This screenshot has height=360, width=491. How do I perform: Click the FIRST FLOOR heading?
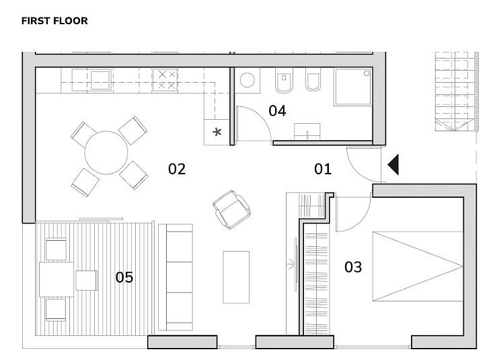pos(54,21)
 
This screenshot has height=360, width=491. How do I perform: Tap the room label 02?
pos(177,169)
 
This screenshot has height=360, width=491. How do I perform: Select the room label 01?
pos(323,169)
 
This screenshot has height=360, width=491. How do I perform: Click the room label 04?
pos(277,110)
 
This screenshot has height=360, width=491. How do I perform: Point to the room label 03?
pos(353,267)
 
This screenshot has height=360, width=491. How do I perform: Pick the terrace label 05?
pos(124,277)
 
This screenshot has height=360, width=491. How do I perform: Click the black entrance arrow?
pos(393,164)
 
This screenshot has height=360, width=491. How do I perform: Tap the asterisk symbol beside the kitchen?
pos(217,132)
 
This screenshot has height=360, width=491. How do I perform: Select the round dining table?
pos(106,153)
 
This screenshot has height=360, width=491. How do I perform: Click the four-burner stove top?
pos(165,81)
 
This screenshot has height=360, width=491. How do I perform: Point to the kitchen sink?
pos(100,80)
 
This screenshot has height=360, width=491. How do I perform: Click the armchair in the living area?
pos(231,209)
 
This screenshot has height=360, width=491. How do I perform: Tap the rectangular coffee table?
pos(236,277)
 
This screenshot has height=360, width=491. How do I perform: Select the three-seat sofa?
pos(176,277)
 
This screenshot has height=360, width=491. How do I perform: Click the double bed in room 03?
pos(418,266)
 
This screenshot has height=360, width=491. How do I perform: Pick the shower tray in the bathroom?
pos(353,87)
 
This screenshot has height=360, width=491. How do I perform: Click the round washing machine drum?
pos(247,80)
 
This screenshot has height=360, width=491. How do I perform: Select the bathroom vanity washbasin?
pos(307,131)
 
